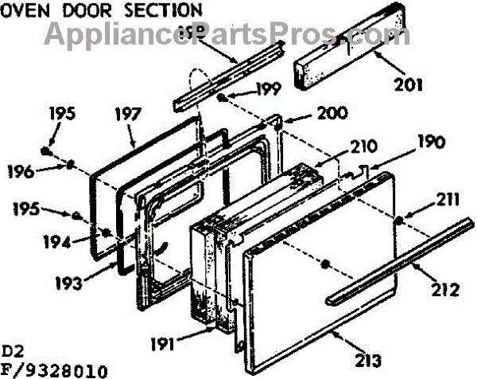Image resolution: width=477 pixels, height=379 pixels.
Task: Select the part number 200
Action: click(308, 114)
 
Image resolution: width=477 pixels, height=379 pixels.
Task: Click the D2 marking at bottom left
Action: click(13, 350)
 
